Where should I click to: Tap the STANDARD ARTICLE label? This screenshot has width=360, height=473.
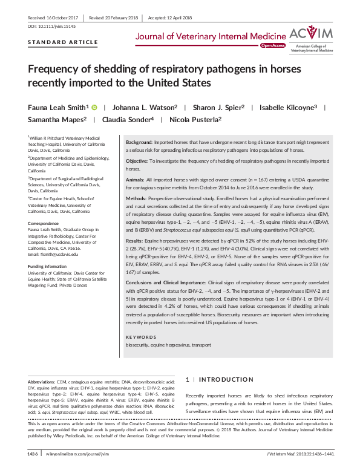pos(63,42)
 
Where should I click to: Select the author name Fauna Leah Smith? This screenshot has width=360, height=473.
pos(59,107)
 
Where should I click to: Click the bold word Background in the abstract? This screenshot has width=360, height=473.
pos(139,140)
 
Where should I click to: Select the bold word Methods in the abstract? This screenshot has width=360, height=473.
pos(136,197)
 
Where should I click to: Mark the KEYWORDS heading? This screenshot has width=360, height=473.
pos(140,337)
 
